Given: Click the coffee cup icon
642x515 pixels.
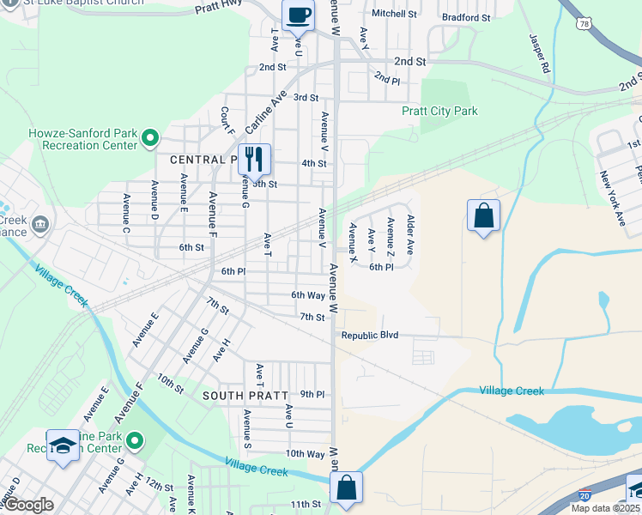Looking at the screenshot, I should click(x=298, y=15).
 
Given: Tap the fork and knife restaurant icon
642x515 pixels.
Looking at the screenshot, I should click(x=254, y=159).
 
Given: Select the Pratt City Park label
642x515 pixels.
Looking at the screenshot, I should click(x=439, y=111).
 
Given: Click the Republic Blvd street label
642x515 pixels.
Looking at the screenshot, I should click(x=370, y=335).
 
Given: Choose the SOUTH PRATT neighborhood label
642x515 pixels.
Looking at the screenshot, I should click(x=242, y=396).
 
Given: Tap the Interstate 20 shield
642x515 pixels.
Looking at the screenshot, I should click(x=584, y=495).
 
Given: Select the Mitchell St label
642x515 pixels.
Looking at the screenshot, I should click(x=394, y=14).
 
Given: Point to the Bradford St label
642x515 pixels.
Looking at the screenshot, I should click(x=466, y=17).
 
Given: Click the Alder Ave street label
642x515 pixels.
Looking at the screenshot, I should click(x=410, y=234).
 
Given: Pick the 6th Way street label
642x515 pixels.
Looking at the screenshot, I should click(x=307, y=294).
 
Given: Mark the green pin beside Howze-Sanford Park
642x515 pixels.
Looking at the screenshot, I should click(x=150, y=137).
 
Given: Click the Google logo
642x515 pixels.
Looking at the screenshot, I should click(x=29, y=505).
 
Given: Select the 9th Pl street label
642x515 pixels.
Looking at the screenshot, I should click(x=312, y=394).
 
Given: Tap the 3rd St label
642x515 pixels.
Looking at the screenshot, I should click(x=306, y=98).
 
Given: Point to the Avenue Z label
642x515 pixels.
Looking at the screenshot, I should click(x=391, y=234).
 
